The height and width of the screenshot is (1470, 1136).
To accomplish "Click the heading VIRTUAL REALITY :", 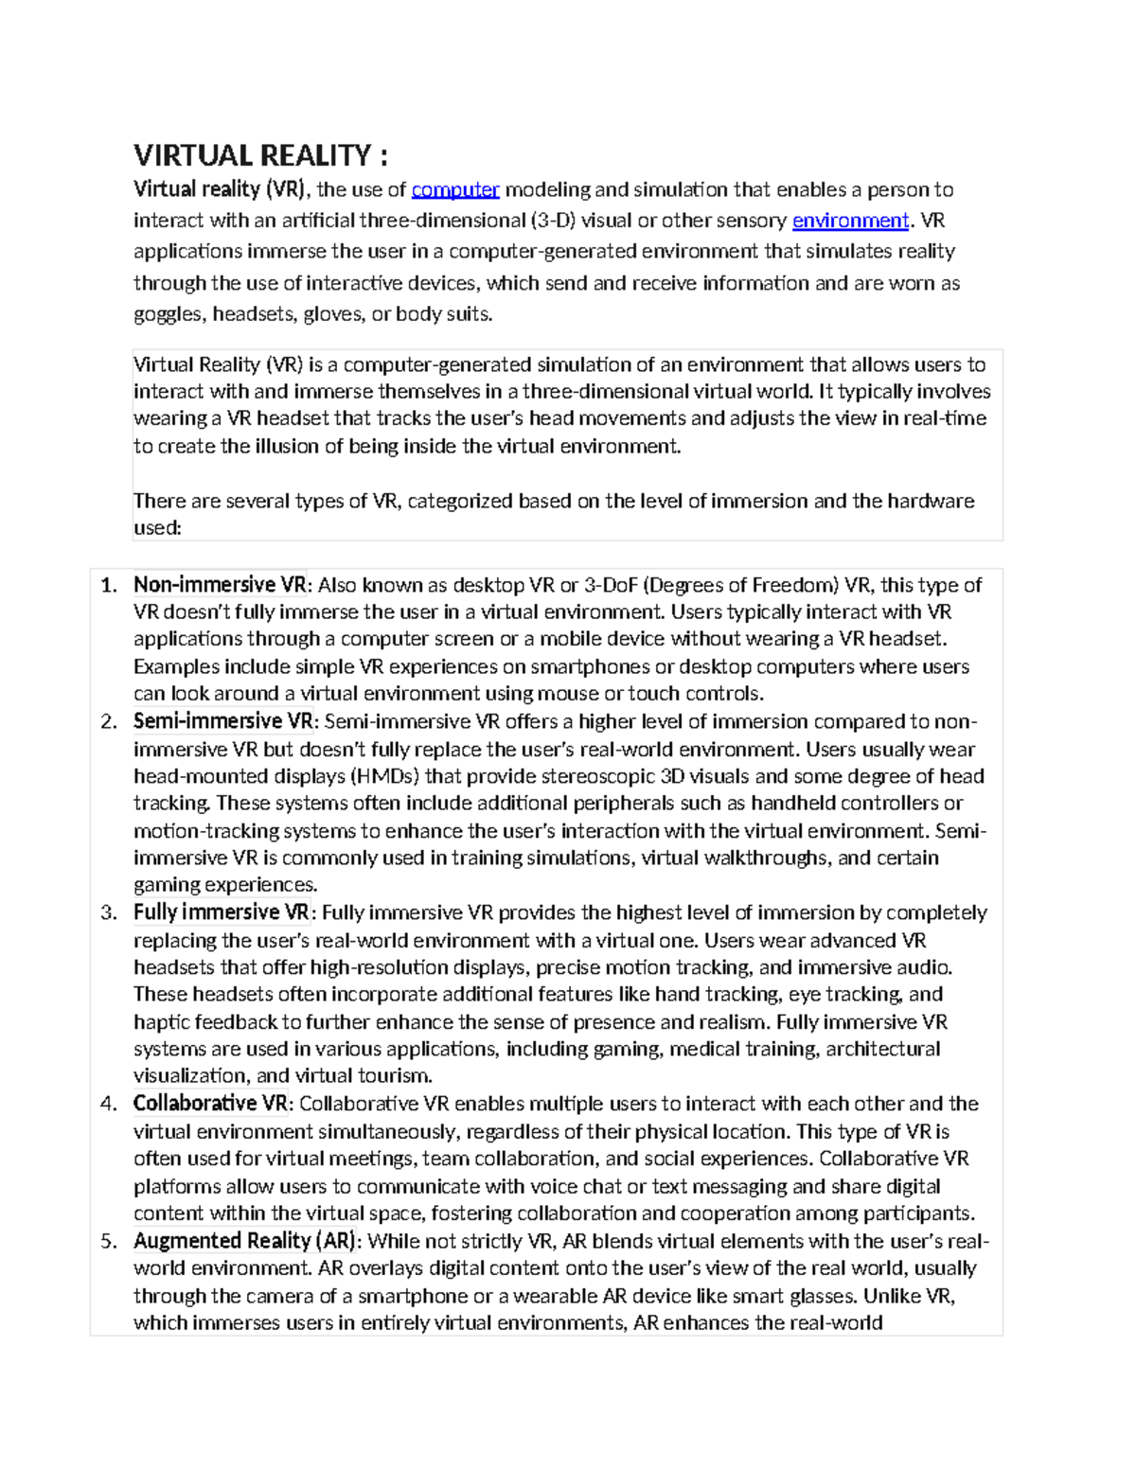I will point(260,155).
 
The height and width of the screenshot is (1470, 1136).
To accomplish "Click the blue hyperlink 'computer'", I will point(455,189).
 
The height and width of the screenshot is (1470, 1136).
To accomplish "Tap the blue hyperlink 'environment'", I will point(850,221).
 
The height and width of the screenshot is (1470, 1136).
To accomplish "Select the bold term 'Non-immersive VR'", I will point(220,585).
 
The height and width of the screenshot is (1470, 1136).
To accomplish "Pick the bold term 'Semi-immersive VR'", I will point(222,721).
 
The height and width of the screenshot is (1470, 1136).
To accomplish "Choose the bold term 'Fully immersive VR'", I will point(221,912).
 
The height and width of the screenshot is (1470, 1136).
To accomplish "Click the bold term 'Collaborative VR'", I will point(210,1104).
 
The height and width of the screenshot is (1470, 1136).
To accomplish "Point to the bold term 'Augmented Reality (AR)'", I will point(244,1241).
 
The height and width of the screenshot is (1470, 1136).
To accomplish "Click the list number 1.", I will point(108,585).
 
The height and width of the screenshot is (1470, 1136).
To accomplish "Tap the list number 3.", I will point(108,912).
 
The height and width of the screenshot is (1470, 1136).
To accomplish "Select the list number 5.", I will point(108,1241).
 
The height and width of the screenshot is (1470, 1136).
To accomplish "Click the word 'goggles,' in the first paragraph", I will point(169,314).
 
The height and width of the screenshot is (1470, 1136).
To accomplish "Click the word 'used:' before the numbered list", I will point(157,528).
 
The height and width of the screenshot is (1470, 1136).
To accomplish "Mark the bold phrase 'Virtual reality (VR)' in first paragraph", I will point(219,189).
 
